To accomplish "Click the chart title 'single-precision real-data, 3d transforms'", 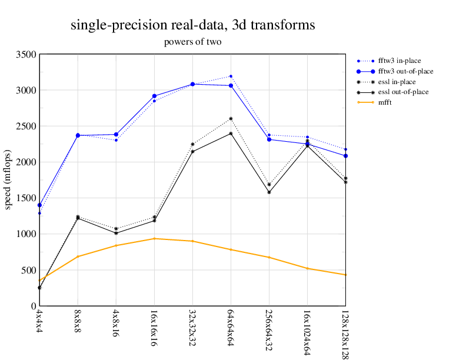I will (192, 25).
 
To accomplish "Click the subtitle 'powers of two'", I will (192, 42).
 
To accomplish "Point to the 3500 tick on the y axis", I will (26, 55).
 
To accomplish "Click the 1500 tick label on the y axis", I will (26, 198).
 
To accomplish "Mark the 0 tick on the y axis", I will (32, 306).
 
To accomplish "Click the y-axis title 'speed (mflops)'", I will (8, 180).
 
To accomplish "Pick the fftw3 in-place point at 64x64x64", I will (231, 76).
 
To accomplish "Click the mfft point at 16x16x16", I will (154, 239).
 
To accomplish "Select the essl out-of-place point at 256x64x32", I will (269, 192).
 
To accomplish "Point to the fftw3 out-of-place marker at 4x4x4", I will (39, 205).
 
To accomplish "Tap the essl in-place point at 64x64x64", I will (231, 119).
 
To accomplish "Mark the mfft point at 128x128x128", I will (345, 275).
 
